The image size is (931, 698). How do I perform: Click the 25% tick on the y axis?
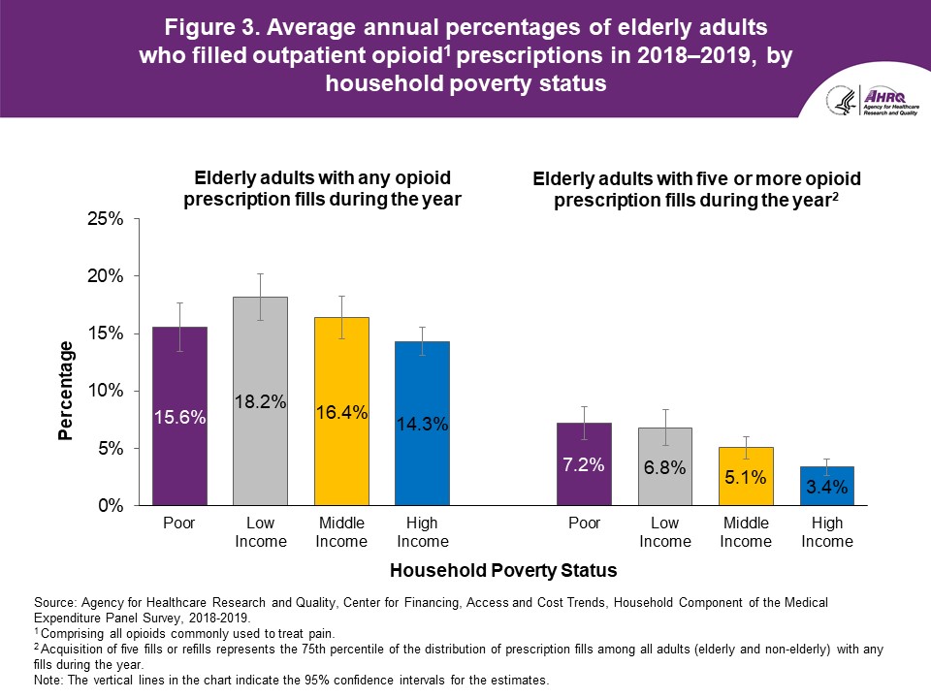pos(107,219)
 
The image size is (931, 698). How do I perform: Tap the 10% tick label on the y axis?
pos(107,391)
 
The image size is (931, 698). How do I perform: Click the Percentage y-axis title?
pos(65,391)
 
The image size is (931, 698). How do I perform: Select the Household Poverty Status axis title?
pos(502,571)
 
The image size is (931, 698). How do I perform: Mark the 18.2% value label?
pos(261,402)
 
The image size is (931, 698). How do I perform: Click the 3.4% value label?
pos(826,488)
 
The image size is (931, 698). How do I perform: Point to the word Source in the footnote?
pos(53,603)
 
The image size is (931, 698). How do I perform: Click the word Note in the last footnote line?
pos(48,681)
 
